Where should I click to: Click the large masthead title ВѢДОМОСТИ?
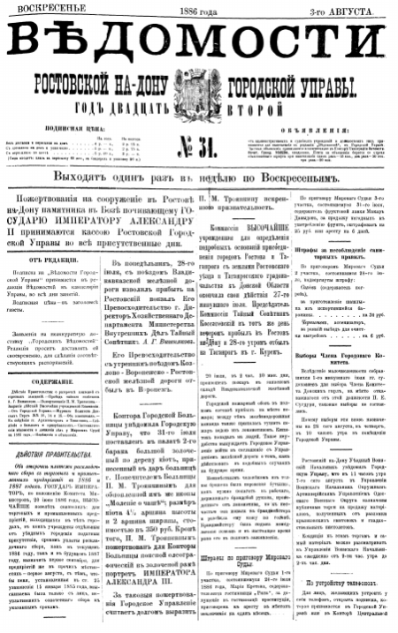tap(199, 45)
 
